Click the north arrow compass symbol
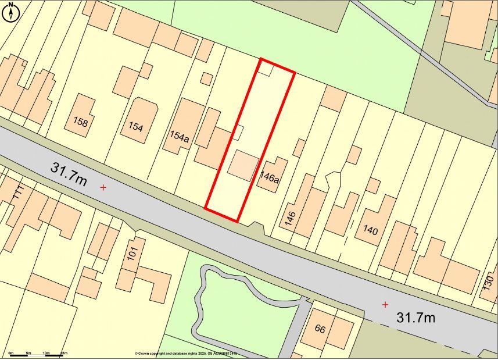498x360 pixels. tap(10, 11)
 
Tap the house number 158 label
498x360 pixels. tap(81, 122)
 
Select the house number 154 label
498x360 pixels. tap(136, 127)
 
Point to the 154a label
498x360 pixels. tap(179, 137)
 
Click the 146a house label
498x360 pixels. tap(269, 178)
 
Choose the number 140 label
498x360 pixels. tap(370, 231)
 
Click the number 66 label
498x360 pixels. tap(320, 329)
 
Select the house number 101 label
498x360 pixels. tap(132, 254)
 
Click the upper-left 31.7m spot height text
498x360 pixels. tap(69, 174)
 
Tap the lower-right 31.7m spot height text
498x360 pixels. tap(415, 318)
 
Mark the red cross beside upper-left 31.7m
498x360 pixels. tap(103, 187)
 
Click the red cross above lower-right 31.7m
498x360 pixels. tap(385, 304)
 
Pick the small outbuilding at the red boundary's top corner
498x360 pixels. tap(265, 69)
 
